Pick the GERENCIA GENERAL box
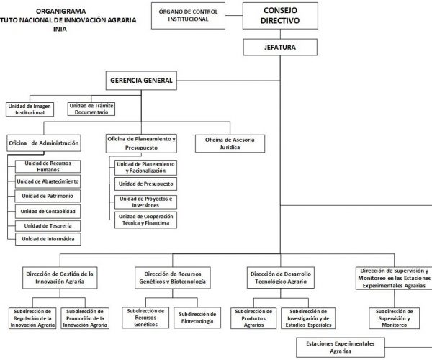pyautogui.click(x=140, y=81)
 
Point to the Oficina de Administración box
pyautogui.click(x=44, y=143)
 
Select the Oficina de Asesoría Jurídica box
pyautogui.click(x=235, y=143)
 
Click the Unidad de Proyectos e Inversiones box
pyautogui.click(x=147, y=202)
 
